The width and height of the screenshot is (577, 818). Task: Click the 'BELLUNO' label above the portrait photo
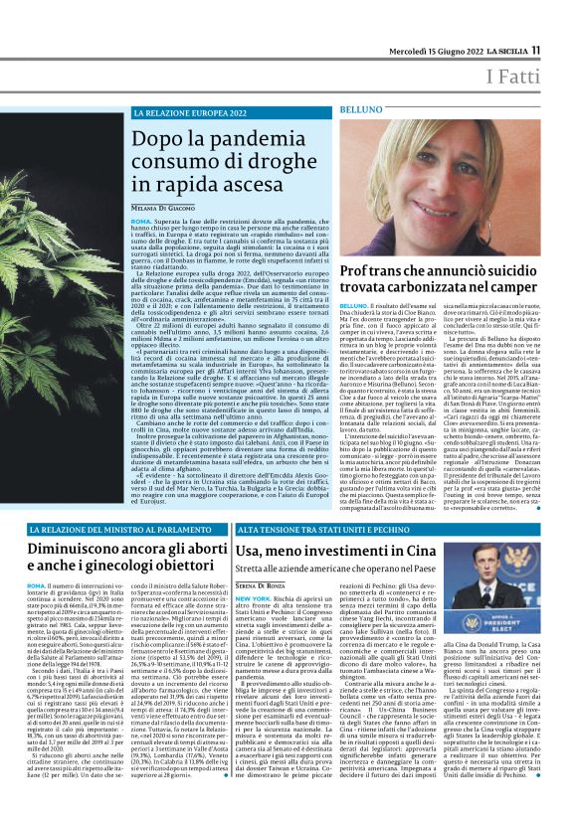point(360,107)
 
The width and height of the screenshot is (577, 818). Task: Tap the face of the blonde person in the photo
point(441,179)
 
